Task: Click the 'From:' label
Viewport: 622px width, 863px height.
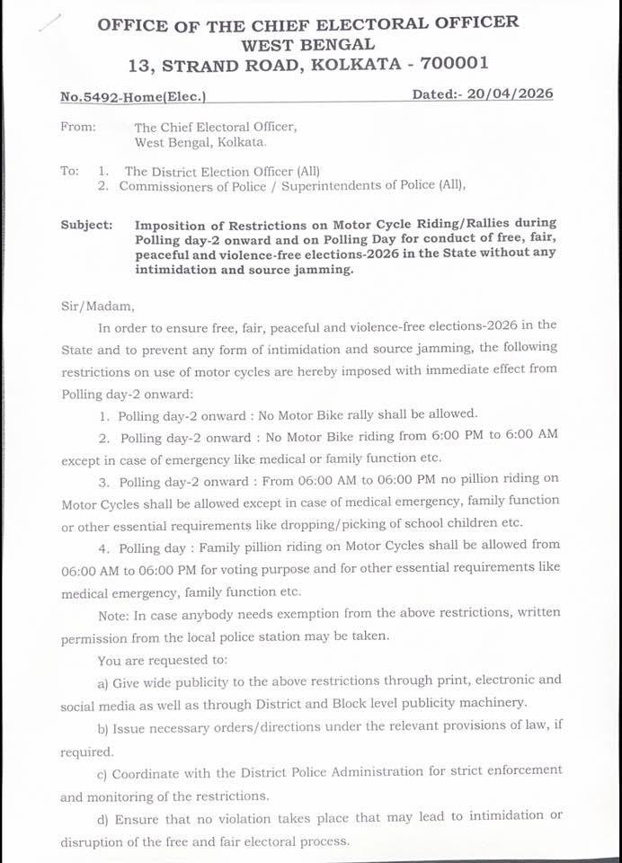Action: click(x=78, y=127)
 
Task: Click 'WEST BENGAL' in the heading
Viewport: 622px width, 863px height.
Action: click(x=307, y=43)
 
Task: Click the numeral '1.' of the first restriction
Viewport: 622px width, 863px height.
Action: click(x=106, y=414)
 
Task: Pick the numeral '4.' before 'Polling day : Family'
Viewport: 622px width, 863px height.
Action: click(x=106, y=545)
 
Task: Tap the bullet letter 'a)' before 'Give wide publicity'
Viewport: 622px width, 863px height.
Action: click(x=103, y=681)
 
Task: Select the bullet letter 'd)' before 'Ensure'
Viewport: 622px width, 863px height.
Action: click(x=103, y=816)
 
